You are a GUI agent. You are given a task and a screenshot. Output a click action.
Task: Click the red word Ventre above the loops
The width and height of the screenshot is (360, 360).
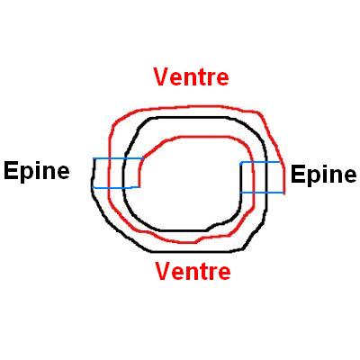191,77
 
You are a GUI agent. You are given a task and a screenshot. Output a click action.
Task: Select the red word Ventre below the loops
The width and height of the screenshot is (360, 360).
193,271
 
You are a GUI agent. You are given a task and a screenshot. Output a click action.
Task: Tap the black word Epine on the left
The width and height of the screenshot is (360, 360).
37,171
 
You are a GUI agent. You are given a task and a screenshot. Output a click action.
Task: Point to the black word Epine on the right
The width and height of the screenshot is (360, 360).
324,175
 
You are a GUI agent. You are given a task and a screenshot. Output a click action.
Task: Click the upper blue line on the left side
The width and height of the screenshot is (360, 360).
118,158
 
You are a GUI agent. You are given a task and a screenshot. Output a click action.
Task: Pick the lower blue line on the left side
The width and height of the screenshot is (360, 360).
116,188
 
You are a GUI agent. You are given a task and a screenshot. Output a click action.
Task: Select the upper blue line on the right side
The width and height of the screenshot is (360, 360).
260,162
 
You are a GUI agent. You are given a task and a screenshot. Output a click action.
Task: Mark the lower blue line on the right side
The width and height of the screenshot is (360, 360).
262,193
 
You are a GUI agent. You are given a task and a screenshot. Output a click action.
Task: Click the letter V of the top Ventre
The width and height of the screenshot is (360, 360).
161,77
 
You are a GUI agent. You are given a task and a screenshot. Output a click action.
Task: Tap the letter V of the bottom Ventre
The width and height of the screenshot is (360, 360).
163,271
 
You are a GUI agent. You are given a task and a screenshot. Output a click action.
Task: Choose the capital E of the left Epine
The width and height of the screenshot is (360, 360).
11,170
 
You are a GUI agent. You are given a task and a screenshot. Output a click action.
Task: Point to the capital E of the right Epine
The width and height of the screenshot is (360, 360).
298,175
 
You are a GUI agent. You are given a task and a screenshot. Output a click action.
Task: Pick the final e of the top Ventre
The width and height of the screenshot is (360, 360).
222,79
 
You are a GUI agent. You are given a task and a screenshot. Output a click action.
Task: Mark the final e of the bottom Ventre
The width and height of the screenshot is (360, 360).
224,274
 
